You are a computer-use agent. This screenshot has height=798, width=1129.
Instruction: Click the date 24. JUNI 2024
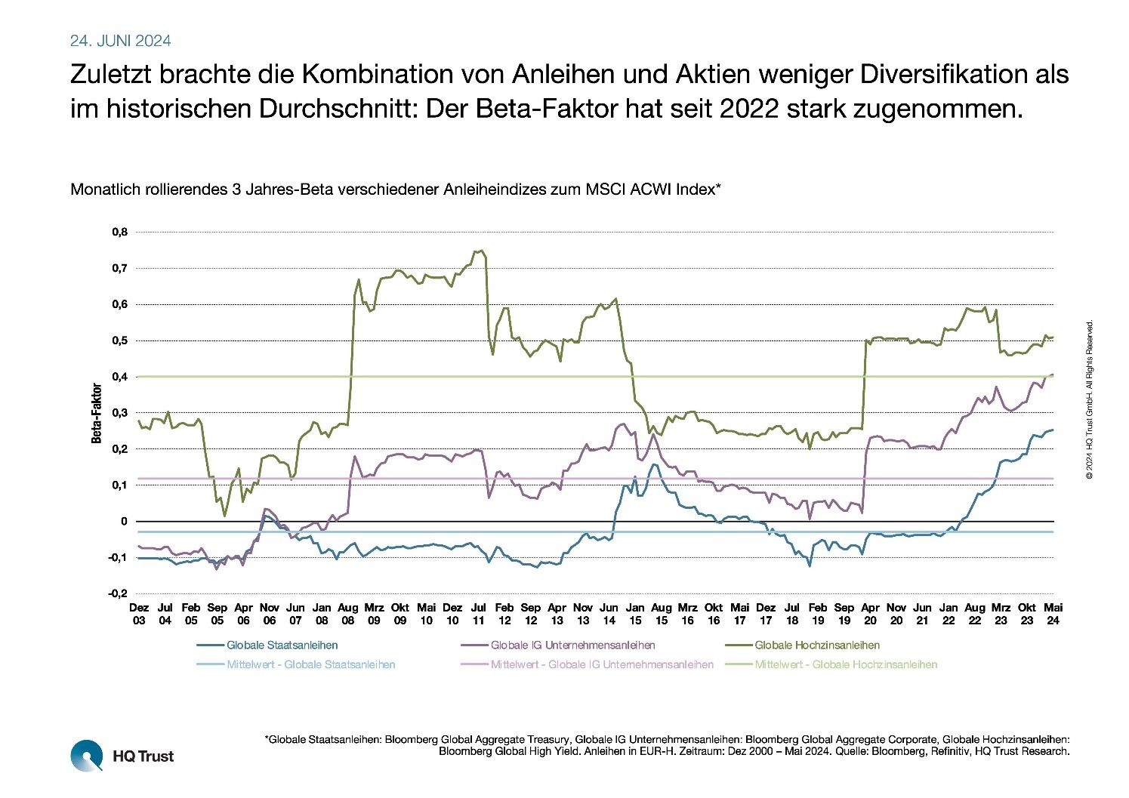[x=120, y=41]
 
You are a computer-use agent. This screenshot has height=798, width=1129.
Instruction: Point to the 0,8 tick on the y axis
[x=120, y=232]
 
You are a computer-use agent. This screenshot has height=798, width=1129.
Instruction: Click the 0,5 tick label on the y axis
[x=120, y=340]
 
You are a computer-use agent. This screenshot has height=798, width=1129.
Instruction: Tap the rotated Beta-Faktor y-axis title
[x=97, y=413]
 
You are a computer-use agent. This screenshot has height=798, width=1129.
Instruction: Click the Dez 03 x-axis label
[x=139, y=614]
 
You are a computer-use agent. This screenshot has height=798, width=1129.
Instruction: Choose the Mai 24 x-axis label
[x=1053, y=614]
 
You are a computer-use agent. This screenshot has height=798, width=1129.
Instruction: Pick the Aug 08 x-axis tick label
[x=348, y=614]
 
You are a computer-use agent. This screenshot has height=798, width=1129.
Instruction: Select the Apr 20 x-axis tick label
[x=870, y=614]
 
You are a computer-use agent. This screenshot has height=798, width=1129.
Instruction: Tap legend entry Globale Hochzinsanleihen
[x=817, y=645]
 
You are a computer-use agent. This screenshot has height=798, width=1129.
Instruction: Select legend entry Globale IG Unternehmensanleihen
[x=572, y=645]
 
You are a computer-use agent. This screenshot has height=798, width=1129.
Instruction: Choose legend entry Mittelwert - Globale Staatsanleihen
[x=310, y=665]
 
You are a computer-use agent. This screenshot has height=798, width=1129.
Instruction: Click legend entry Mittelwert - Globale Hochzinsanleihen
[x=846, y=665]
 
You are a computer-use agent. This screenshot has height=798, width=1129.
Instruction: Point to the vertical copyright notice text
[x=1089, y=400]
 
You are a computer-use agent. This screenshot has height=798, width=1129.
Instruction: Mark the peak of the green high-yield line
[x=481, y=251]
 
